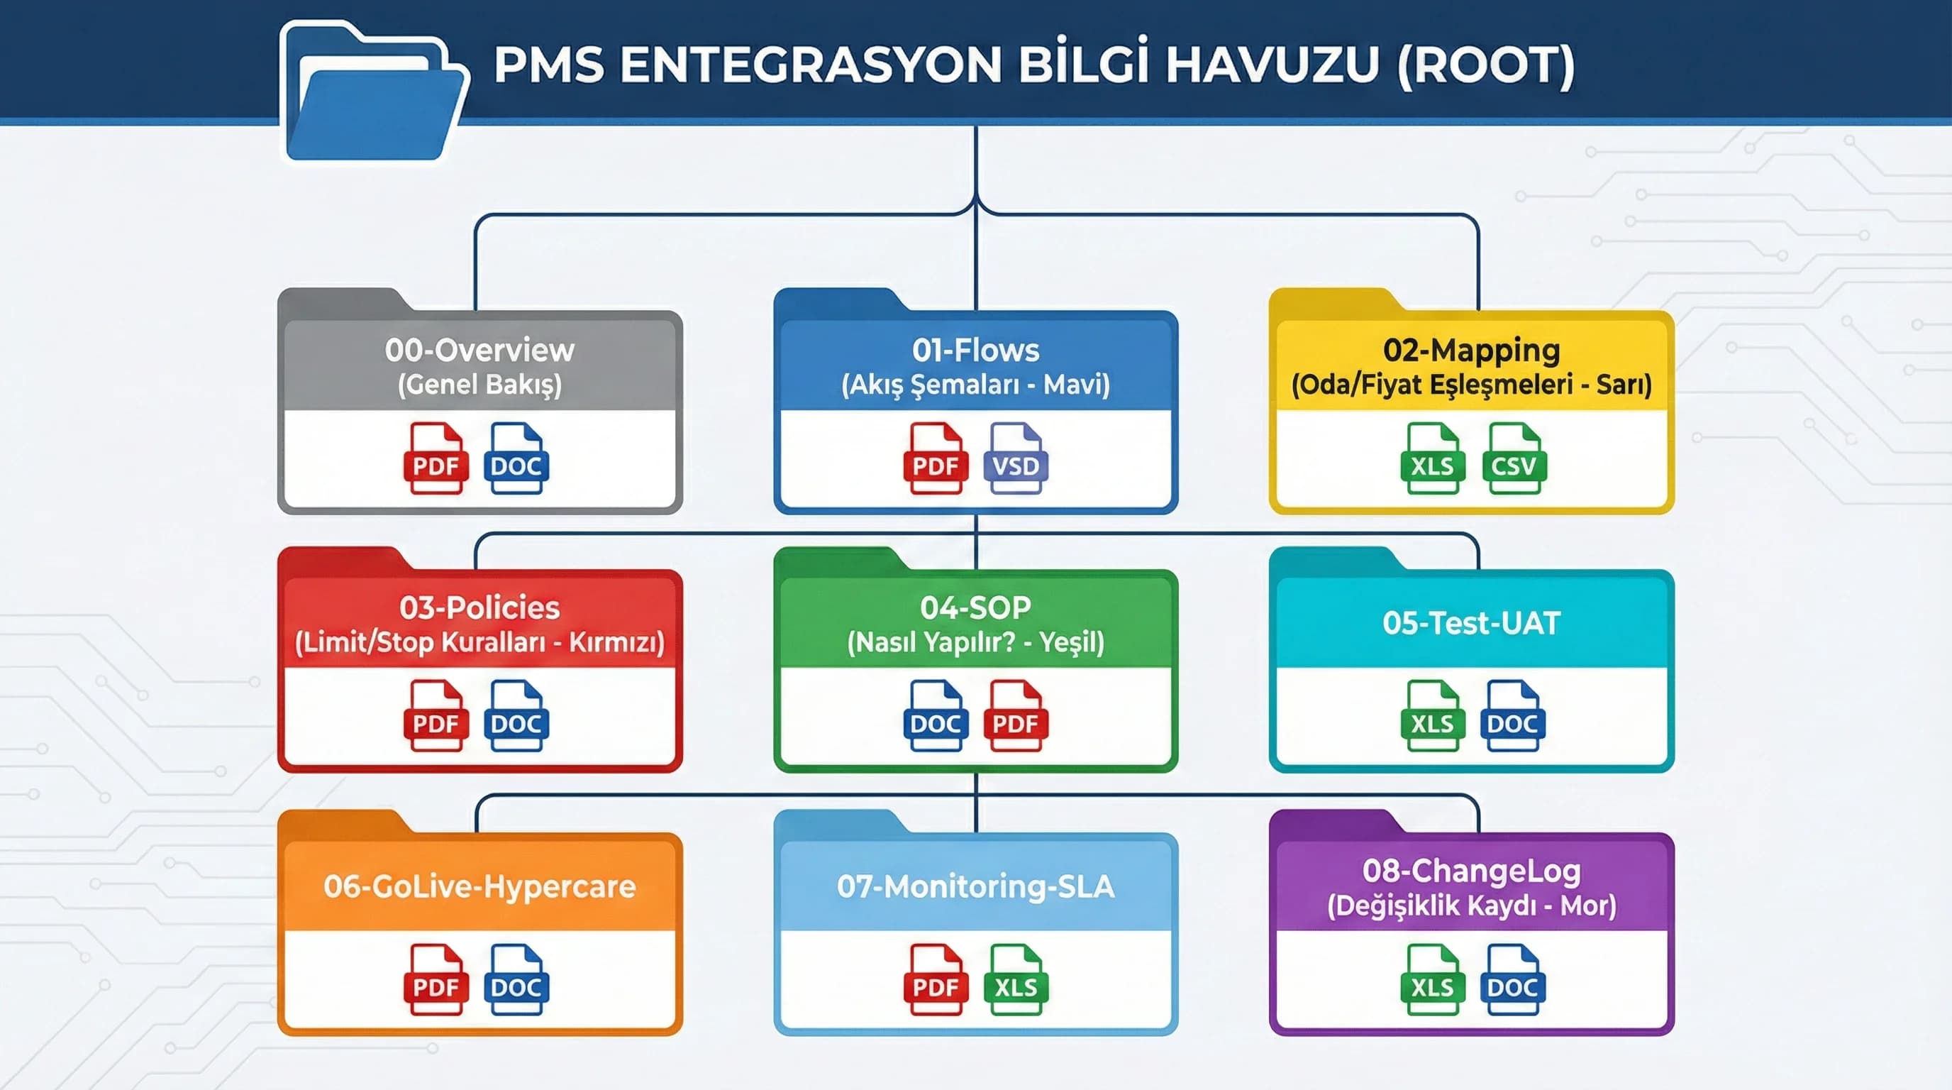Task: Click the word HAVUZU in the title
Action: click(x=1272, y=65)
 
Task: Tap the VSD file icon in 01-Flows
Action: click(x=1016, y=458)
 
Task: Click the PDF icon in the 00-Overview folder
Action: click(x=435, y=458)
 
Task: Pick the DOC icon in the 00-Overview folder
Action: click(x=516, y=458)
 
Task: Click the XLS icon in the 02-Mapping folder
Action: click(x=1431, y=458)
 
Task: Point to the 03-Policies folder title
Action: click(x=479, y=608)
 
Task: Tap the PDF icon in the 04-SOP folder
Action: click(x=1016, y=716)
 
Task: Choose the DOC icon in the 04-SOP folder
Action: click(x=934, y=716)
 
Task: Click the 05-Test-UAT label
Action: click(x=1471, y=623)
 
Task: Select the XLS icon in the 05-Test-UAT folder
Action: click(x=1431, y=716)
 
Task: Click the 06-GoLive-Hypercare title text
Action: click(x=479, y=886)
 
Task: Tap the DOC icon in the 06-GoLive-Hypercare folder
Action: click(x=516, y=979)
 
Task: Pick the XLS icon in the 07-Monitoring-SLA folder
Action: click(x=1016, y=979)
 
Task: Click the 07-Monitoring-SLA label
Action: click(x=975, y=886)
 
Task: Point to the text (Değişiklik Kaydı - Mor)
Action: click(x=1471, y=905)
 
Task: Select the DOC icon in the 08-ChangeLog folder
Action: click(x=1512, y=979)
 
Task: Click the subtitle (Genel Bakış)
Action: click(x=479, y=385)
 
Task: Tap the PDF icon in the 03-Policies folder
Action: click(x=435, y=716)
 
